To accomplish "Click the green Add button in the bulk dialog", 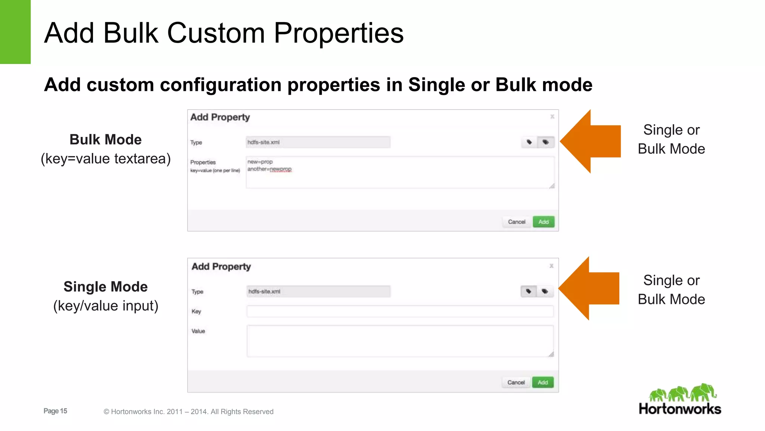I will (x=543, y=222).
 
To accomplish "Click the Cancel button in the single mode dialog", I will (x=516, y=382).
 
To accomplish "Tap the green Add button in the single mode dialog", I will (x=542, y=382).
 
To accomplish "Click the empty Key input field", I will (x=400, y=311).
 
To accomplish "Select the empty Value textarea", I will (x=400, y=341).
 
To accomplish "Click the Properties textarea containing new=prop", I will (x=400, y=172).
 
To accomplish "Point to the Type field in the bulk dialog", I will (x=318, y=142).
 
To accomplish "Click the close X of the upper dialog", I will (x=552, y=117).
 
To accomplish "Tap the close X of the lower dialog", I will (x=551, y=266).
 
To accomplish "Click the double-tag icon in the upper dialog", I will (x=545, y=142).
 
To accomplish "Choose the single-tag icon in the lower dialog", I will (x=529, y=291).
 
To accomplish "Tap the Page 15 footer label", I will (x=55, y=411).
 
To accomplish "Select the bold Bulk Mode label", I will (x=106, y=140).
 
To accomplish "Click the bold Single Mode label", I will (x=106, y=287).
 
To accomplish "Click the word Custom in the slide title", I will (x=216, y=33).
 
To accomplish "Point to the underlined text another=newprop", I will (x=269, y=169).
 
